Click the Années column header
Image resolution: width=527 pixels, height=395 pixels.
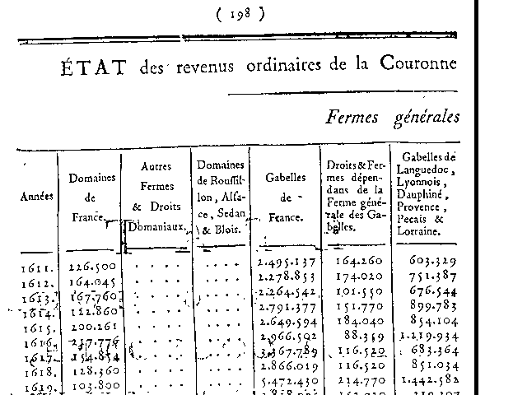37,197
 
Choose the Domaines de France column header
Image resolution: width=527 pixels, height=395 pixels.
91,197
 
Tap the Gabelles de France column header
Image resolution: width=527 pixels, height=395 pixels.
286,197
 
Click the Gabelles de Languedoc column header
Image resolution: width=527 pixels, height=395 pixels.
428,194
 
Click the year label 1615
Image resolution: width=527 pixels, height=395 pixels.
39,326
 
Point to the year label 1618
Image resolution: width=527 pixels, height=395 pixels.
39,372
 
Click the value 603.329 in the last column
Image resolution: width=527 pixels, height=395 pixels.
430,261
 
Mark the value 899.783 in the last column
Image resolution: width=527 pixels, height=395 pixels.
430,306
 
